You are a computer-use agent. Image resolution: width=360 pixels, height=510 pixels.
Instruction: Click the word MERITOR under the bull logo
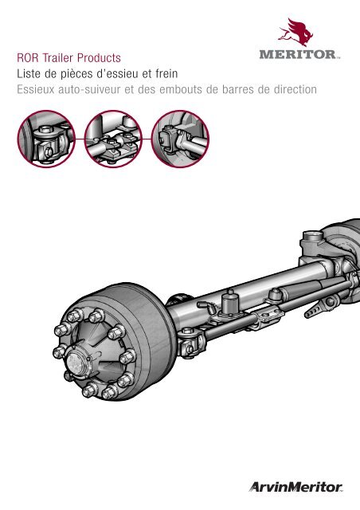298,54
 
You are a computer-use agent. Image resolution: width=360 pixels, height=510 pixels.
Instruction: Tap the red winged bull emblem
295,32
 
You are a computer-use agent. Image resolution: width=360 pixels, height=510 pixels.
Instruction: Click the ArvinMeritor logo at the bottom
296,487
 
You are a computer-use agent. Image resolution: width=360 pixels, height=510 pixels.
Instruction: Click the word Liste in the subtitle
29,74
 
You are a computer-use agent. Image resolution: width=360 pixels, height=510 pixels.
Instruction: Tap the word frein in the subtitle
166,74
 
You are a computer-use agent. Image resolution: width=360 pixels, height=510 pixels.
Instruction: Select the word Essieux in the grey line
36,89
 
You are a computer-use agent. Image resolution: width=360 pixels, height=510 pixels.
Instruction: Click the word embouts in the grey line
181,89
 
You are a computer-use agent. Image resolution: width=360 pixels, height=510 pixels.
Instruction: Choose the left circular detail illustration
46,139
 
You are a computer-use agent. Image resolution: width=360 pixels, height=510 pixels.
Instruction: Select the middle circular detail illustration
113,139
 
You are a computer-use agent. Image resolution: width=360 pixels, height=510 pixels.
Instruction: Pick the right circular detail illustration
180,139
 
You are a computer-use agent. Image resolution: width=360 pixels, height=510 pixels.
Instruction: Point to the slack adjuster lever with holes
319,306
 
